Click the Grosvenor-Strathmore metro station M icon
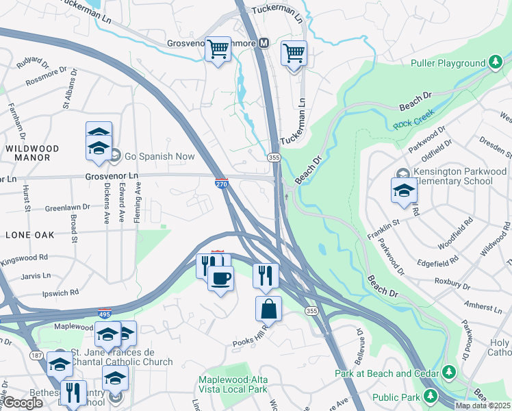click(262, 43)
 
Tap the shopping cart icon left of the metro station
click(218, 49)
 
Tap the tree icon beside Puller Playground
click(495, 63)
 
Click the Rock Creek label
click(409, 125)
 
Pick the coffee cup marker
click(220, 279)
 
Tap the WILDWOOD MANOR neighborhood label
click(31, 153)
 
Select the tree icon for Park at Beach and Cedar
click(448, 372)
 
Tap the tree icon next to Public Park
click(431, 395)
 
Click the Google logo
click(23, 403)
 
